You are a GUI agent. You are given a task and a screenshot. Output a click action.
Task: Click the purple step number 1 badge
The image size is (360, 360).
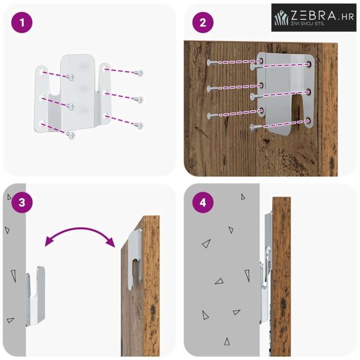coord(22,22)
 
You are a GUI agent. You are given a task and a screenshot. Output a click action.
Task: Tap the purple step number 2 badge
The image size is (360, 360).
coord(203,22)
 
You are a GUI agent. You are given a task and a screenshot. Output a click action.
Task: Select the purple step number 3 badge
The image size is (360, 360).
coord(22,203)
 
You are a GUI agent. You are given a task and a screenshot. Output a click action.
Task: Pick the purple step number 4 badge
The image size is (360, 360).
coord(203,203)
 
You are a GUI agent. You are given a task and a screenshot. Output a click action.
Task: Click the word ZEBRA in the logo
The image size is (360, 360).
coord(314,15)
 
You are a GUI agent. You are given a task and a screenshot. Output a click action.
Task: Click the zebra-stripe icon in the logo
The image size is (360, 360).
coord(282,18)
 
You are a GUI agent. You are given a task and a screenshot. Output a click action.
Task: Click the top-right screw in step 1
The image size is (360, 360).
coord(139,73)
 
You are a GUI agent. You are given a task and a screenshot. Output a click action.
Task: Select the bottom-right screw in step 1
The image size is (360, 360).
coord(139,125)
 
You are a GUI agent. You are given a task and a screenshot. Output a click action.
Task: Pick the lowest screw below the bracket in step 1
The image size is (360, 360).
coord(71,135)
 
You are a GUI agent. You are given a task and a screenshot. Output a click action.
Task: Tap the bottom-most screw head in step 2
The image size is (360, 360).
coord(253,127)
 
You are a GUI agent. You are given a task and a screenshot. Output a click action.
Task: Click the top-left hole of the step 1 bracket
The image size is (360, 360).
coord(42,73)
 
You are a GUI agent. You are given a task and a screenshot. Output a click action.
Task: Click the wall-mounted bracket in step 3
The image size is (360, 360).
coord(35,296)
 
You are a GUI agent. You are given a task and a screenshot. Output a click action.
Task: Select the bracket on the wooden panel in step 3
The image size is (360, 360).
coord(135,259)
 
